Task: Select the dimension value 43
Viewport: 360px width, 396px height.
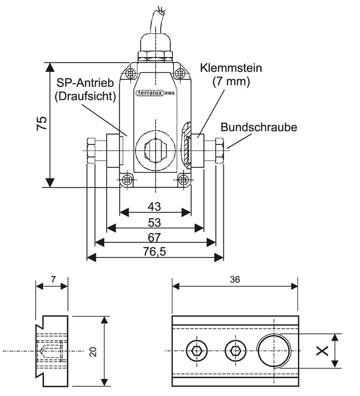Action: tap(154, 206)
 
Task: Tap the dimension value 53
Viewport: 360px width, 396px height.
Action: tap(154, 222)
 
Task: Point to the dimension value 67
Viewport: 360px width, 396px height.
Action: tap(155, 237)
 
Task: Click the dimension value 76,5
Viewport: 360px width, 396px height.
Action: tap(154, 252)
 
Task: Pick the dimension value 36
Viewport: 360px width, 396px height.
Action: tap(234, 279)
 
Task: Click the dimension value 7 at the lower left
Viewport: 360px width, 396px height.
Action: tap(53, 279)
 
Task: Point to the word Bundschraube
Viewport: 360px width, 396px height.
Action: tap(259, 127)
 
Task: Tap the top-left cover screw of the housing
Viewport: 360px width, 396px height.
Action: tap(131, 72)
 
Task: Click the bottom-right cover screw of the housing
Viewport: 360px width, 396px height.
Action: tap(183, 180)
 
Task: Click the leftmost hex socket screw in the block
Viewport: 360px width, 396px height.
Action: tap(196, 351)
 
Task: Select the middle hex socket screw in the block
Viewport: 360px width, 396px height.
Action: tap(234, 351)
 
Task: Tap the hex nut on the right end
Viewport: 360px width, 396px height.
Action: tap(220, 150)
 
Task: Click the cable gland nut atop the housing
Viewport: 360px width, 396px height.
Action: tap(155, 56)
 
